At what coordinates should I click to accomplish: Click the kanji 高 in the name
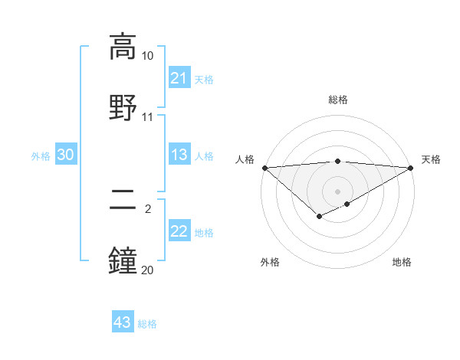pyautogui.click(x=123, y=47)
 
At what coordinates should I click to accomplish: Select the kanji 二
pyautogui.click(x=123, y=201)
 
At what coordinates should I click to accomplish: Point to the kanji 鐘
pyautogui.click(x=123, y=260)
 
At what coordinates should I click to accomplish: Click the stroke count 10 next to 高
pyautogui.click(x=148, y=57)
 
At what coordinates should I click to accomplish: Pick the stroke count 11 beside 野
pyautogui.click(x=148, y=117)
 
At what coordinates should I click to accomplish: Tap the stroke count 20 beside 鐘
pyautogui.click(x=148, y=270)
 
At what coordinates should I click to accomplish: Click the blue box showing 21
pyautogui.click(x=179, y=78)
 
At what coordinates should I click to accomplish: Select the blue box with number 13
pyautogui.click(x=179, y=155)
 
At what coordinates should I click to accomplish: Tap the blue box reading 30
pyautogui.click(x=66, y=155)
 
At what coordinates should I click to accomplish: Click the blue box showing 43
pyautogui.click(x=123, y=322)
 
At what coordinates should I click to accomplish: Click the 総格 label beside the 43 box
pyautogui.click(x=147, y=324)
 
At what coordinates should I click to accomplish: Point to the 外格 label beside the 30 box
pyautogui.click(x=41, y=156)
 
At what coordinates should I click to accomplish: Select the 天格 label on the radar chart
pyautogui.click(x=431, y=159)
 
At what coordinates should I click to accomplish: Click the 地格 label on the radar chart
pyautogui.click(x=402, y=263)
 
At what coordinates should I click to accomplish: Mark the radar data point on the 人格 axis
pyautogui.click(x=264, y=168)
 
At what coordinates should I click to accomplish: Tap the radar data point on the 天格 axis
pyautogui.click(x=411, y=168)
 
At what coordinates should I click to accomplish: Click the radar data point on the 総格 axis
pyautogui.click(x=337, y=161)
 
